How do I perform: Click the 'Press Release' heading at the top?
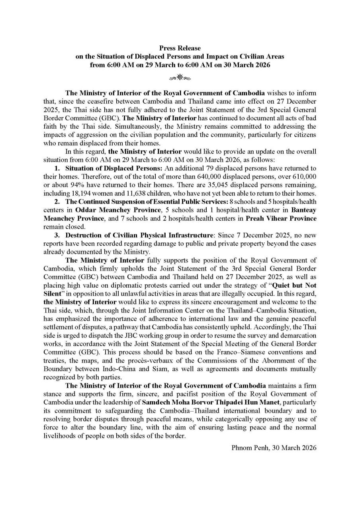click(x=180, y=48)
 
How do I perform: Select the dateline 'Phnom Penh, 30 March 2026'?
click(x=274, y=447)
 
